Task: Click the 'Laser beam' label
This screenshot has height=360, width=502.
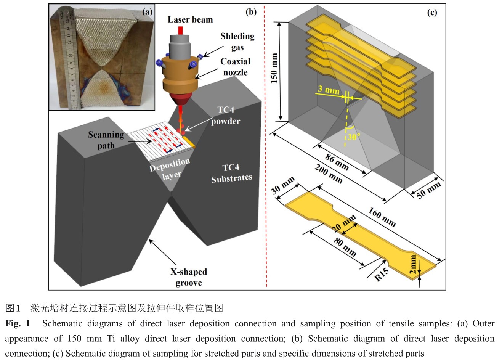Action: [190, 19]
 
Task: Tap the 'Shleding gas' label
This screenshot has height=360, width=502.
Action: [237, 41]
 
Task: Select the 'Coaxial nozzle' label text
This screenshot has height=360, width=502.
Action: [235, 67]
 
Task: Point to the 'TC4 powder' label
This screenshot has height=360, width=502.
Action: [226, 115]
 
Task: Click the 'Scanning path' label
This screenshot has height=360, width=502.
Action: [106, 140]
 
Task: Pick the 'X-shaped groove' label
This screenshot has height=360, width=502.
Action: [189, 277]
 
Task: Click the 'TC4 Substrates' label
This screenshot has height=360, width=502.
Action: [231, 173]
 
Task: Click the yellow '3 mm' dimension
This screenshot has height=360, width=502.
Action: [328, 91]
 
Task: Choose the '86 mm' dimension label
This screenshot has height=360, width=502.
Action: [337, 161]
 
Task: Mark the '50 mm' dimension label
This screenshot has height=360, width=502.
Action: [428, 190]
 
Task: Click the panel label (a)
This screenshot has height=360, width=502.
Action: [147, 12]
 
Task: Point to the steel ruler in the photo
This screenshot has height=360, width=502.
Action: [70, 57]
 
